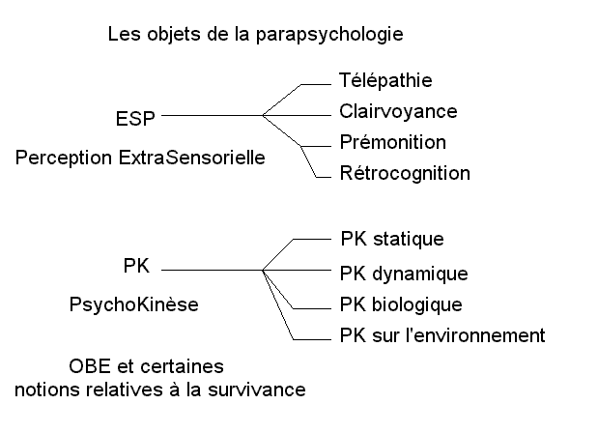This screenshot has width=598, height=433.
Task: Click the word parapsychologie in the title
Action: click(x=329, y=35)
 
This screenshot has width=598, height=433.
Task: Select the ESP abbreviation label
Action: click(x=135, y=119)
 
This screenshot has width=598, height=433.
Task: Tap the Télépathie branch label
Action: click(x=385, y=80)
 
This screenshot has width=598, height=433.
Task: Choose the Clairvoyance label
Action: click(x=398, y=112)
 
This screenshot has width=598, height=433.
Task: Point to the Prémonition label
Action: click(x=393, y=142)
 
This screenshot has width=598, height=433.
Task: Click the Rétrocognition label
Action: click(x=405, y=174)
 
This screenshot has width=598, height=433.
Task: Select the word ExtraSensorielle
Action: click(x=192, y=158)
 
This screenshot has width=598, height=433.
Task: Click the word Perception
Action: click(x=64, y=158)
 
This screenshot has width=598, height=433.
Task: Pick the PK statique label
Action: click(x=392, y=239)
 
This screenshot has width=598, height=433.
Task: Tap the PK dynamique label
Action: click(x=404, y=274)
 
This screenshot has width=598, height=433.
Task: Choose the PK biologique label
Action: click(x=401, y=304)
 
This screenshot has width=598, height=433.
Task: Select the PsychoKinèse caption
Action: click(x=134, y=304)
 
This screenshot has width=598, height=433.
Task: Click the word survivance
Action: click(x=257, y=390)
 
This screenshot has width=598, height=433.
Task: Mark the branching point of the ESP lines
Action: click(x=263, y=115)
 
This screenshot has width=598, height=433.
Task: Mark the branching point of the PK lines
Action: click(x=263, y=270)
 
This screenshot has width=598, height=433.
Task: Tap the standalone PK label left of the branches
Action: click(x=136, y=266)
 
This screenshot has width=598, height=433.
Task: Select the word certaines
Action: click(x=182, y=366)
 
